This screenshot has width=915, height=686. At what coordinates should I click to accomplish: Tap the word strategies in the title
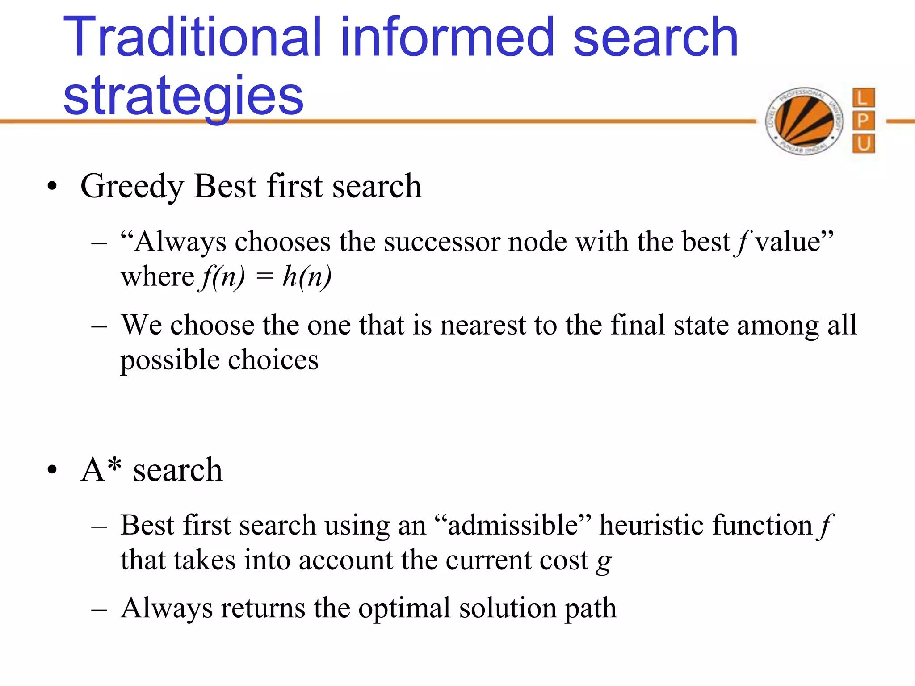click(183, 95)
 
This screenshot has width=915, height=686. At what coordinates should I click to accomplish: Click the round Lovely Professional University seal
click(804, 121)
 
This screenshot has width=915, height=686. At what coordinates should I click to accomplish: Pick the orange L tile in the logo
click(863, 98)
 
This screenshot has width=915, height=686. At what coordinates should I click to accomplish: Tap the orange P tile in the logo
click(863, 121)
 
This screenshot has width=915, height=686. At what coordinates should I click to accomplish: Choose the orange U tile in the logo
click(863, 144)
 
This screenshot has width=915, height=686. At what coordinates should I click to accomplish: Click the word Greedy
click(132, 186)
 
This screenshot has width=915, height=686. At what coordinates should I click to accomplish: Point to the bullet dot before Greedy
click(52, 186)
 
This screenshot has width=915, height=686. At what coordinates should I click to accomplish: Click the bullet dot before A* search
click(52, 470)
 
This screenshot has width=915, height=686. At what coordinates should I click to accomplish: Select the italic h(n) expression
click(307, 276)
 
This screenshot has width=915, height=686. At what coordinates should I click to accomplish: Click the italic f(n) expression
click(222, 276)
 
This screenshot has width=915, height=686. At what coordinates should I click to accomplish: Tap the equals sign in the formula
click(264, 276)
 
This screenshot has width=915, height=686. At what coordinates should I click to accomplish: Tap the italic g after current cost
click(604, 562)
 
